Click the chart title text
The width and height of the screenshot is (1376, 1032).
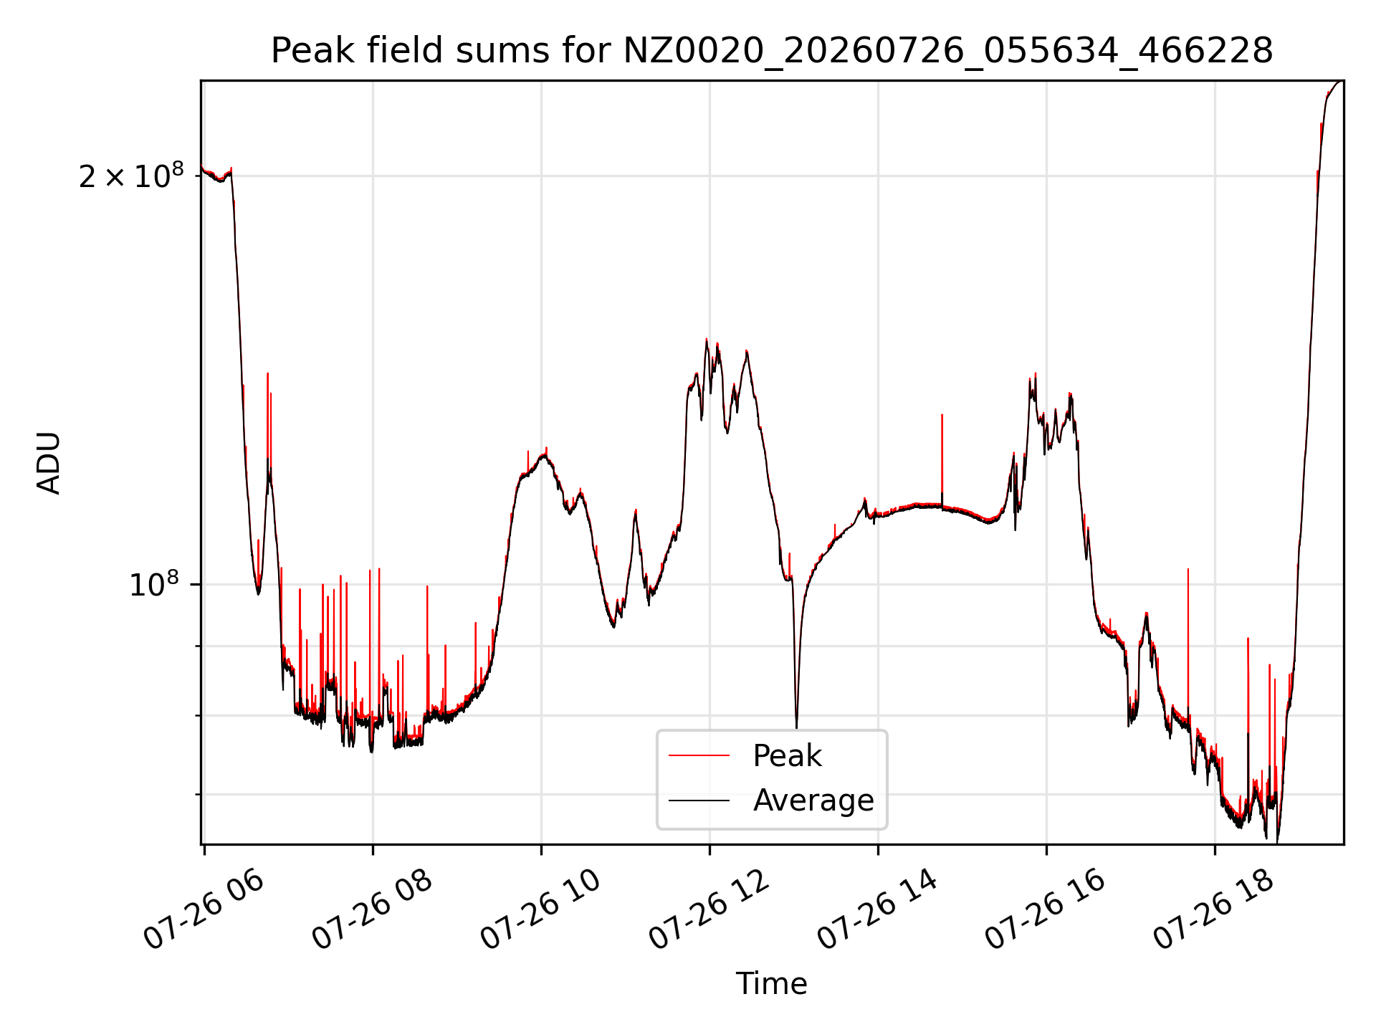[x=772, y=51]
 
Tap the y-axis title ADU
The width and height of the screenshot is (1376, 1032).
[x=49, y=463]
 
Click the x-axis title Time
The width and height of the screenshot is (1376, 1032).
[x=772, y=983]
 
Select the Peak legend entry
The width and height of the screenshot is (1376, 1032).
[x=745, y=755]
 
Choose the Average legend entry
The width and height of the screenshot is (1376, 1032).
[x=771, y=800]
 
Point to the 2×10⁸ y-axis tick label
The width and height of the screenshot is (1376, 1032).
[x=131, y=176]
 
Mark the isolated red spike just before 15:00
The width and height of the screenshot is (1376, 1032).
[x=942, y=459]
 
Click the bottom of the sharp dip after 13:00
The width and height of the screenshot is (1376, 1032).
[x=796, y=727]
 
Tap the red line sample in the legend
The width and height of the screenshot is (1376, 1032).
[x=699, y=755]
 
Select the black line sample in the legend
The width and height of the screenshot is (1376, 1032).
[x=699, y=800]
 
